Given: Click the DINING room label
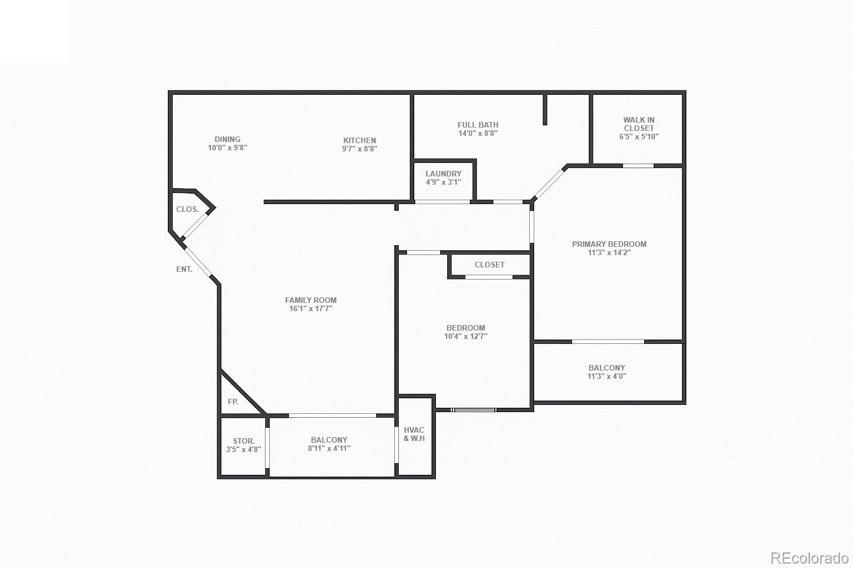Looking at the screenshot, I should click(228, 139).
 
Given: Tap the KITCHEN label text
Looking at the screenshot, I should click(359, 140).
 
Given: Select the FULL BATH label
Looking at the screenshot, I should click(478, 125).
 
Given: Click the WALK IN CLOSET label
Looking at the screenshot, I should click(639, 124).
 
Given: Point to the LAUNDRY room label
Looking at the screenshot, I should click(443, 174).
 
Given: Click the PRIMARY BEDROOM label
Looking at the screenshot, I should click(609, 244).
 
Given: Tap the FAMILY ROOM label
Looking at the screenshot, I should click(310, 300).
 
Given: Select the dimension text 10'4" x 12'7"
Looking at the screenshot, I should click(465, 336).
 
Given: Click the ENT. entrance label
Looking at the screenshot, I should click(184, 269).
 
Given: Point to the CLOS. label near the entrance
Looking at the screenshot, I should click(187, 209).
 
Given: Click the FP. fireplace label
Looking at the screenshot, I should click(233, 402).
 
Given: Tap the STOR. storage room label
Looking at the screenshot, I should click(244, 441).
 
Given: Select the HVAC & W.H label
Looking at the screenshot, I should click(414, 434).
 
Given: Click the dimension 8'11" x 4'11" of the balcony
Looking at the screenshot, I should click(329, 448).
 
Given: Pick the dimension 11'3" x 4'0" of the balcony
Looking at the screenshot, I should click(606, 376).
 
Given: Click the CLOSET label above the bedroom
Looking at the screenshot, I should click(489, 265).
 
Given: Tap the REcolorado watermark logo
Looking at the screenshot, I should click(809, 557).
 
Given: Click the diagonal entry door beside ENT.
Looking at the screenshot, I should click(198, 261).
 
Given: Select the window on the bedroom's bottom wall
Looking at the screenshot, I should click(473, 410).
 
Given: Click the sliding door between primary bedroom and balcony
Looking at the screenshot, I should click(608, 341).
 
